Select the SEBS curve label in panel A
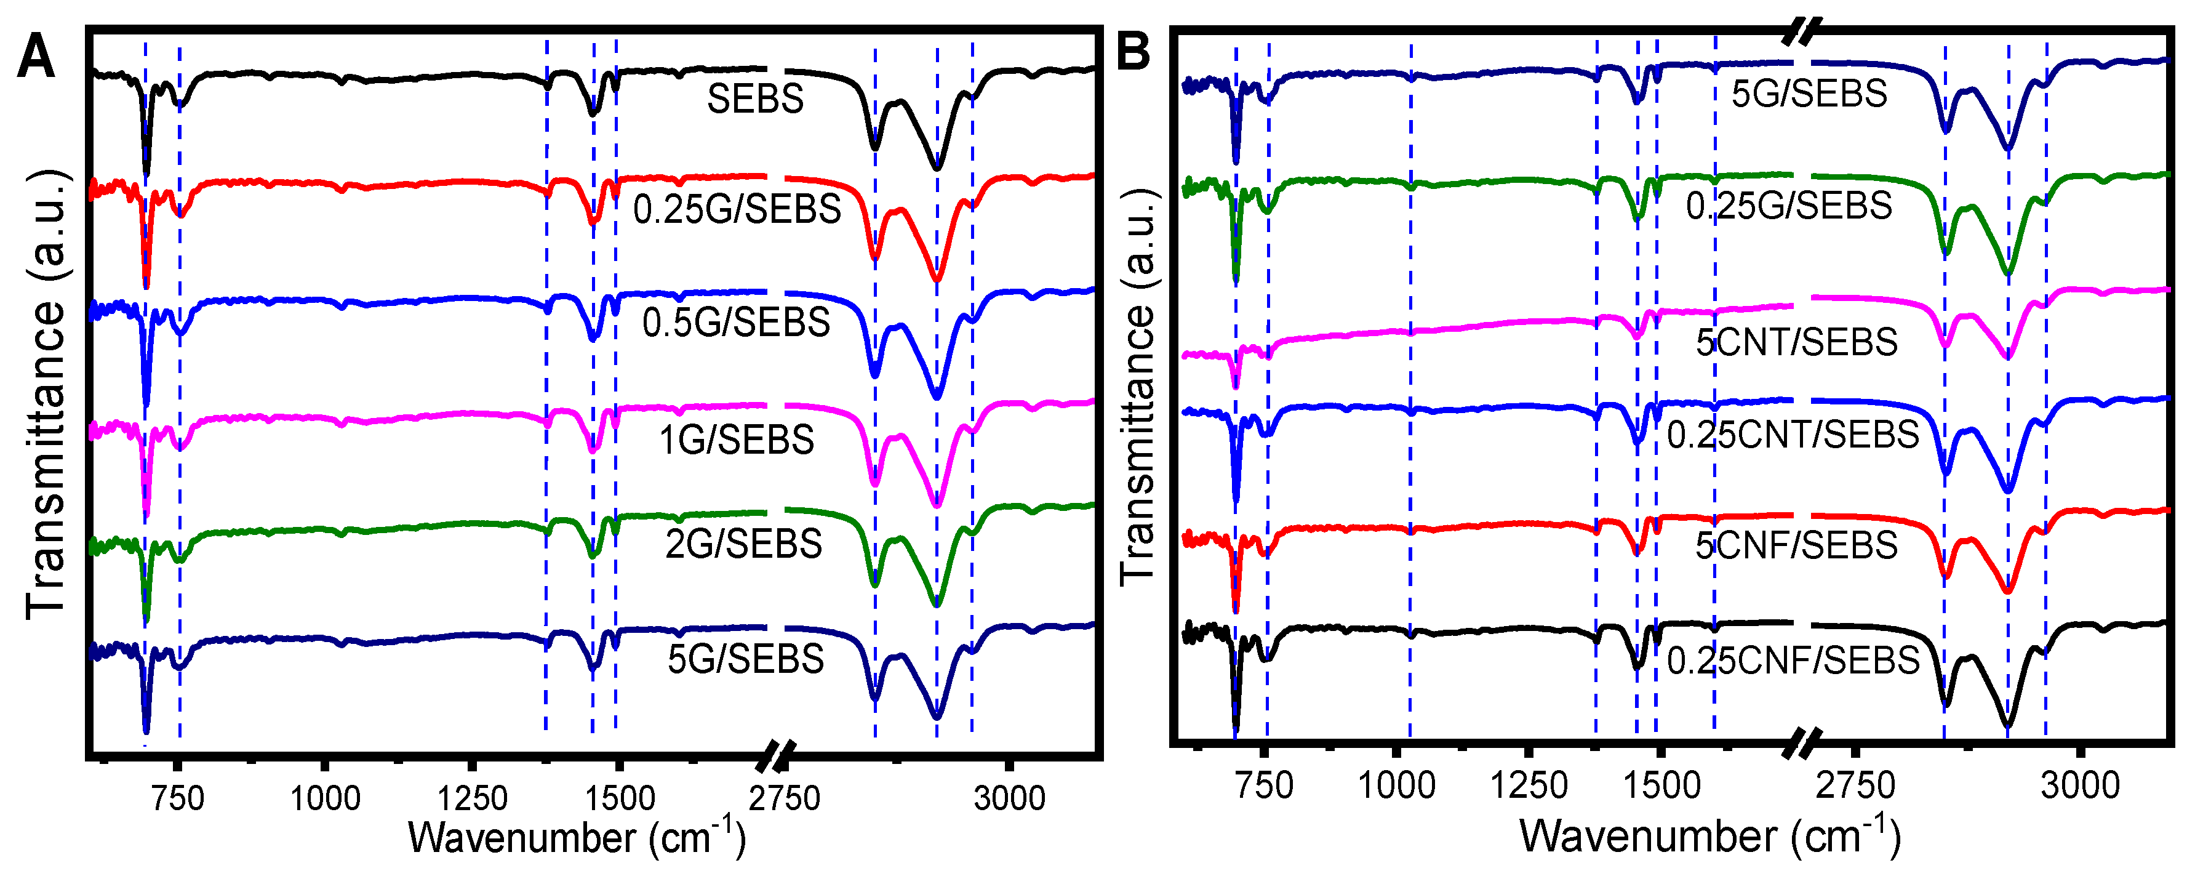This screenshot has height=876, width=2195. pos(755,99)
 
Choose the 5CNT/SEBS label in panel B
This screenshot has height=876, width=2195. pos(1796,342)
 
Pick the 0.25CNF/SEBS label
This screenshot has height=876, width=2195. pos(1793,661)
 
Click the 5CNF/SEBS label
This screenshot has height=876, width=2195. pos(1796,545)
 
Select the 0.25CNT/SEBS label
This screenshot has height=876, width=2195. pos(1793,435)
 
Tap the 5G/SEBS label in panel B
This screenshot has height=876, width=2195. pos(1809,93)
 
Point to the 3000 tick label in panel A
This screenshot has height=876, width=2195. pos(1010,798)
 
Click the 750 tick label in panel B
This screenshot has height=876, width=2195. pos(1265,785)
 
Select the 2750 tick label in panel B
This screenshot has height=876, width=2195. pos(1855,785)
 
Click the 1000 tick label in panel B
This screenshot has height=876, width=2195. pos(1396,785)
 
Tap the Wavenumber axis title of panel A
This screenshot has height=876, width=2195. pos(577,838)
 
